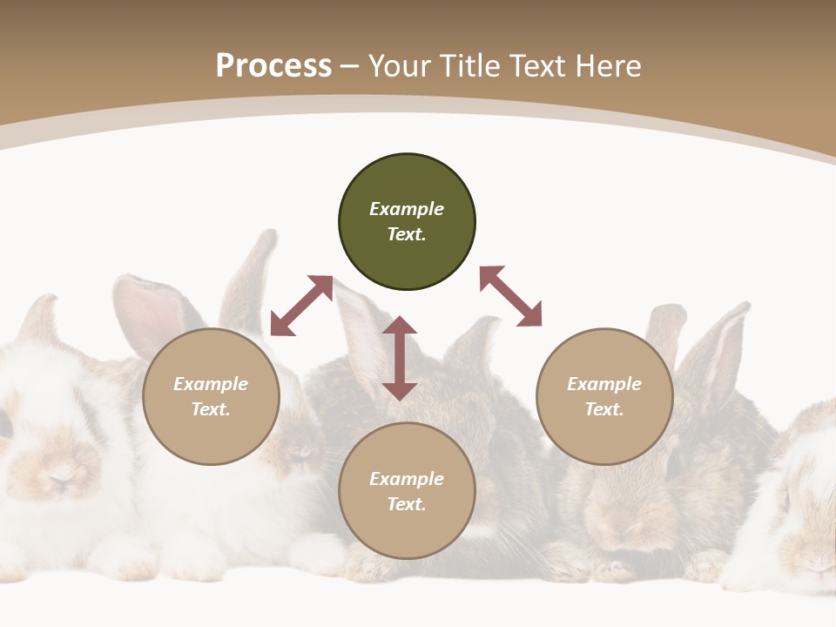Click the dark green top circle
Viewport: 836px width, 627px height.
pos(407,221)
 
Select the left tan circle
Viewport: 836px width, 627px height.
pos(211,396)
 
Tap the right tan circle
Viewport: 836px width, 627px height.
pos(604,396)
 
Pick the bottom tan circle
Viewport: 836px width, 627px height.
pos(407,490)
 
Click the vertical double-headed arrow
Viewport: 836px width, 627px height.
pos(400,359)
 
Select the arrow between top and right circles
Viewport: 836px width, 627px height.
pos(510,296)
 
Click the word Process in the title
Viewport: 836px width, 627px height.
pos(273,65)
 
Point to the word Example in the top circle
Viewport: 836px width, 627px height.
pos(407,209)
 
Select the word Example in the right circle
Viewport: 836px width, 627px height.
pos(604,384)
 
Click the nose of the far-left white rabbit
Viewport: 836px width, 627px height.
pos(61,479)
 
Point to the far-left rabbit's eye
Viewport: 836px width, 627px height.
pos(4,424)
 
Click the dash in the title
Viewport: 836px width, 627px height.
pos(350,66)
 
